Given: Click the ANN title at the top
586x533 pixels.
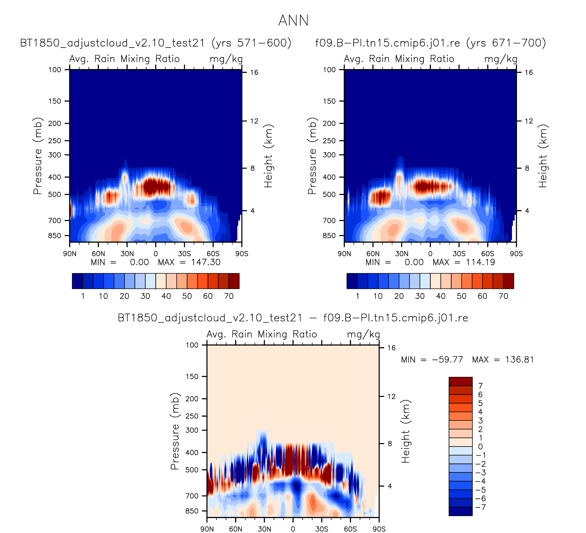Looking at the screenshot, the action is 293,21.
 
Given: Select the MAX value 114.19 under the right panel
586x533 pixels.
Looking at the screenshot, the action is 480,263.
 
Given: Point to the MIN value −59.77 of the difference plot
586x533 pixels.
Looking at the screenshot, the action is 447,360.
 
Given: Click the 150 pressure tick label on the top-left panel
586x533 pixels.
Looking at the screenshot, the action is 55,101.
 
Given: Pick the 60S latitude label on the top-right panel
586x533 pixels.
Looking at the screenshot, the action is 488,254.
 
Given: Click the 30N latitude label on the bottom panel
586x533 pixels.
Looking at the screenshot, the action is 264,529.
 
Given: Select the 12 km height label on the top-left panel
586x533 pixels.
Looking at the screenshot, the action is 254,121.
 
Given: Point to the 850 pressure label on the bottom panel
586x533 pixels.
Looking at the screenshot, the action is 192,511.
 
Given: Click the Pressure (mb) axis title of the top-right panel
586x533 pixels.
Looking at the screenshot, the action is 312,156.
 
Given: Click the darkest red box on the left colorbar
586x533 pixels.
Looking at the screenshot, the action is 234,281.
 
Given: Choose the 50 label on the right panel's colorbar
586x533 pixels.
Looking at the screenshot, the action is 462,296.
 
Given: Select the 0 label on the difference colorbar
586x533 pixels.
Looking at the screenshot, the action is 481,446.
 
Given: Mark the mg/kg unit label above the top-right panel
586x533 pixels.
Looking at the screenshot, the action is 501,59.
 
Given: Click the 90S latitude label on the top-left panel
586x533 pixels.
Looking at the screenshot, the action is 242,254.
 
